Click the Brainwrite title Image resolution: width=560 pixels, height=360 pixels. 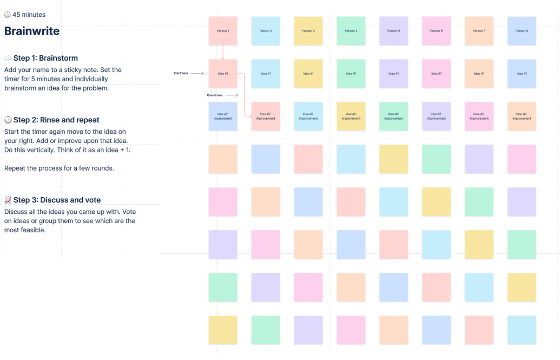pyautogui.click(x=32, y=31)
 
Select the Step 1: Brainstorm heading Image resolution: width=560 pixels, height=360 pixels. pyautogui.click(x=45, y=58)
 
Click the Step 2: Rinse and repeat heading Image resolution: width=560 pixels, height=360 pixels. pyautogui.click(x=56, y=120)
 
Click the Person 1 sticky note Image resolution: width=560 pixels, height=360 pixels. pyautogui.click(x=223, y=31)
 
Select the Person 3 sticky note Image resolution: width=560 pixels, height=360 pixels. pyautogui.click(x=308, y=31)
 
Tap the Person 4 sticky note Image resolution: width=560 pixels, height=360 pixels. pyautogui.click(x=351, y=31)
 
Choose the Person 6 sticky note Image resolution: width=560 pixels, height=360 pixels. pyautogui.click(x=437, y=31)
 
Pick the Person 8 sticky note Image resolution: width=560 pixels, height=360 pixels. pyautogui.click(x=522, y=31)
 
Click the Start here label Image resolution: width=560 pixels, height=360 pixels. pyautogui.click(x=181, y=73)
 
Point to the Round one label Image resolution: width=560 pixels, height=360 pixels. pyautogui.click(x=214, y=95)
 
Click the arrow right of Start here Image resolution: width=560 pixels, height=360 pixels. pyautogui.click(x=197, y=73)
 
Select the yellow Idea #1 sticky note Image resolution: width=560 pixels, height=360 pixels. pyautogui.click(x=308, y=74)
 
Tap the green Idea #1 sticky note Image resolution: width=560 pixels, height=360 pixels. pyautogui.click(x=351, y=74)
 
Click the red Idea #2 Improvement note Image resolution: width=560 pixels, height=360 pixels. pyautogui.click(x=266, y=116)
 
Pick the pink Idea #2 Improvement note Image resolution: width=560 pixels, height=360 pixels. pyautogui.click(x=479, y=116)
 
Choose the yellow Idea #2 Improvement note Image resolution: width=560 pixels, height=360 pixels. pyautogui.click(x=351, y=116)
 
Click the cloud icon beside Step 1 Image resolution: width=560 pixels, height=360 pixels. pyautogui.click(x=8, y=58)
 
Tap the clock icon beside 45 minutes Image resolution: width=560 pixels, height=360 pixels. pyautogui.click(x=8, y=15)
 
